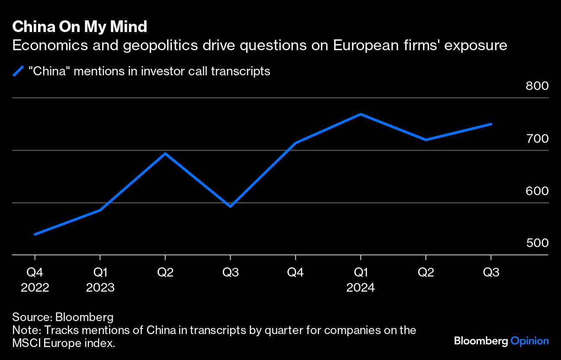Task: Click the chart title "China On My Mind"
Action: point(80,27)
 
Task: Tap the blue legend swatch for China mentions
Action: point(18,71)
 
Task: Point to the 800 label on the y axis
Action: point(537,86)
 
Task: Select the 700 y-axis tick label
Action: point(537,138)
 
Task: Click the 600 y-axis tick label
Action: point(537,191)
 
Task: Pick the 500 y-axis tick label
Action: point(537,243)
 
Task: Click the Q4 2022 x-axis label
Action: point(35,280)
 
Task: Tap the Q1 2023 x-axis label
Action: point(100,280)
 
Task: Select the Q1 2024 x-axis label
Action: point(361,280)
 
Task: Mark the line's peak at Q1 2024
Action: point(361,114)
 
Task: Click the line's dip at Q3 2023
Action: point(230,206)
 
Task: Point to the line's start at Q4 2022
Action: point(35,234)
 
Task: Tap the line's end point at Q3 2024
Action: point(491,124)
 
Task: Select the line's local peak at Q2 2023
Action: point(165,153)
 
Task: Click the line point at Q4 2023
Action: point(295,143)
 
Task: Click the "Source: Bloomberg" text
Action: point(63,317)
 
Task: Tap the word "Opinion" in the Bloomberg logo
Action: point(529,341)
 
